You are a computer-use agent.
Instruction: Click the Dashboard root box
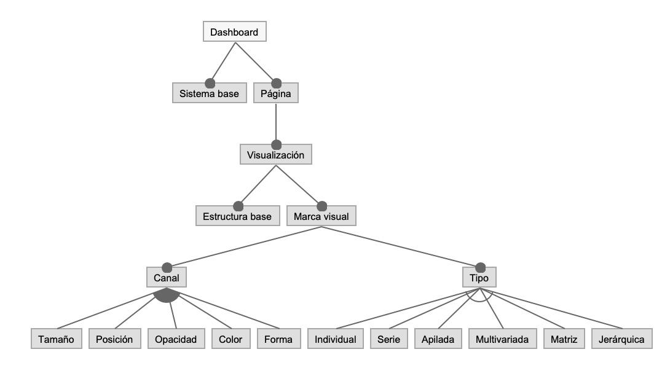[234, 32]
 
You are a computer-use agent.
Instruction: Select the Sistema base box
[209, 94]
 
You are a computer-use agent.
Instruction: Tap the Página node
[276, 94]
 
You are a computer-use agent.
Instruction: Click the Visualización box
[276, 155]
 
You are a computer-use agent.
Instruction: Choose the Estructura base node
[238, 216]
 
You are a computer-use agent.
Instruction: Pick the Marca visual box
[321, 216]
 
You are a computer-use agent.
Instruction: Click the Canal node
[166, 278]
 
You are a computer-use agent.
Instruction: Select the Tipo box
[479, 278]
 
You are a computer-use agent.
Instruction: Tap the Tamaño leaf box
[56, 339]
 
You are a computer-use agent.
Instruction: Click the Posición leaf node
[115, 339]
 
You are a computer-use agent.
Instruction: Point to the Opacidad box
[175, 339]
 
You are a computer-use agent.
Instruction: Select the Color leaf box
[231, 339]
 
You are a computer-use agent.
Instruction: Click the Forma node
[278, 339]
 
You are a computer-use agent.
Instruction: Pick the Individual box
[335, 339]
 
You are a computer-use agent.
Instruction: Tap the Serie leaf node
[388, 339]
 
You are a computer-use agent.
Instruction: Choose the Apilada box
[438, 339]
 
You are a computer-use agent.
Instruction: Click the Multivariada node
[502, 339]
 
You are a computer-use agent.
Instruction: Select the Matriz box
[564, 339]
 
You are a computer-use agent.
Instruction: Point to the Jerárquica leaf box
[621, 339]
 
